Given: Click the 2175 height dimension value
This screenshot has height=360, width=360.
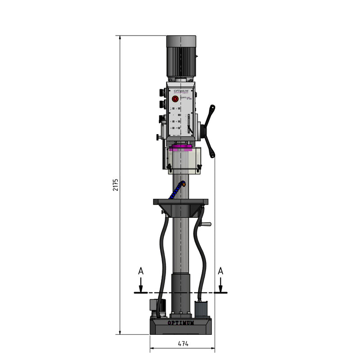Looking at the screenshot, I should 116,185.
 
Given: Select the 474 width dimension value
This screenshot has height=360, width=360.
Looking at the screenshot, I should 183,343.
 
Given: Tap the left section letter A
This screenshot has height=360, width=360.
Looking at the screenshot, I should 141,271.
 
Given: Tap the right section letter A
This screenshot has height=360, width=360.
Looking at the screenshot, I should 220,271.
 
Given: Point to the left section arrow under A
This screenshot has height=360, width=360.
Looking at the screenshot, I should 141,285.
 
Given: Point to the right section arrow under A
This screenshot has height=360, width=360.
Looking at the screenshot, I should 220,285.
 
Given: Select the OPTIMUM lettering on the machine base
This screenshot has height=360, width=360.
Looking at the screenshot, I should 181,323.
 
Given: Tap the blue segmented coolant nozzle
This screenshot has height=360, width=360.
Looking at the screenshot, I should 176,191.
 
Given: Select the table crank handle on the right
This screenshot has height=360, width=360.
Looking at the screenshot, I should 206,225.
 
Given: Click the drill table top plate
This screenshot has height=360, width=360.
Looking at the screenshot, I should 181,201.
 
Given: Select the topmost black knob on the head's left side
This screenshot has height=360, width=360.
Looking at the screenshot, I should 161,93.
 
